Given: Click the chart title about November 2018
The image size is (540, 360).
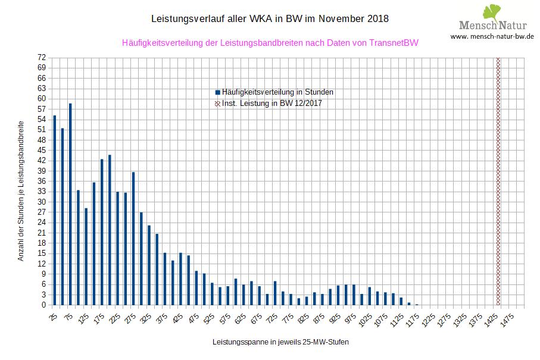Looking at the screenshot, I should pos(270,18).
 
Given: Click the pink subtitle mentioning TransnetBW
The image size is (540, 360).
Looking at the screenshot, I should pos(270,43).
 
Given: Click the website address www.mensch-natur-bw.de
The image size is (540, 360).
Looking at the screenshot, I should pos(492,36).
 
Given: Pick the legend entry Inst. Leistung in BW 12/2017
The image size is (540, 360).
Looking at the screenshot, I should pos(272,104).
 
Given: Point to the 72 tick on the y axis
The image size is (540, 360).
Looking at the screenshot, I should pos(41,58).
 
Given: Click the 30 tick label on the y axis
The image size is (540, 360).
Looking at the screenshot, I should pos(41,202).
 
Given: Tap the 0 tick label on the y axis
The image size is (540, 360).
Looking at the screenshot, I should pos(43,305).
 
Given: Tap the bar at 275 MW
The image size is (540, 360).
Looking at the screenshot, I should pos(133,238).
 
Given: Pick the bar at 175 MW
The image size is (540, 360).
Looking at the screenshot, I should pos(102,232).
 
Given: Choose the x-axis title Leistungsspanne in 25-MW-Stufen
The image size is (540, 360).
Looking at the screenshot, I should pos(280,343).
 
